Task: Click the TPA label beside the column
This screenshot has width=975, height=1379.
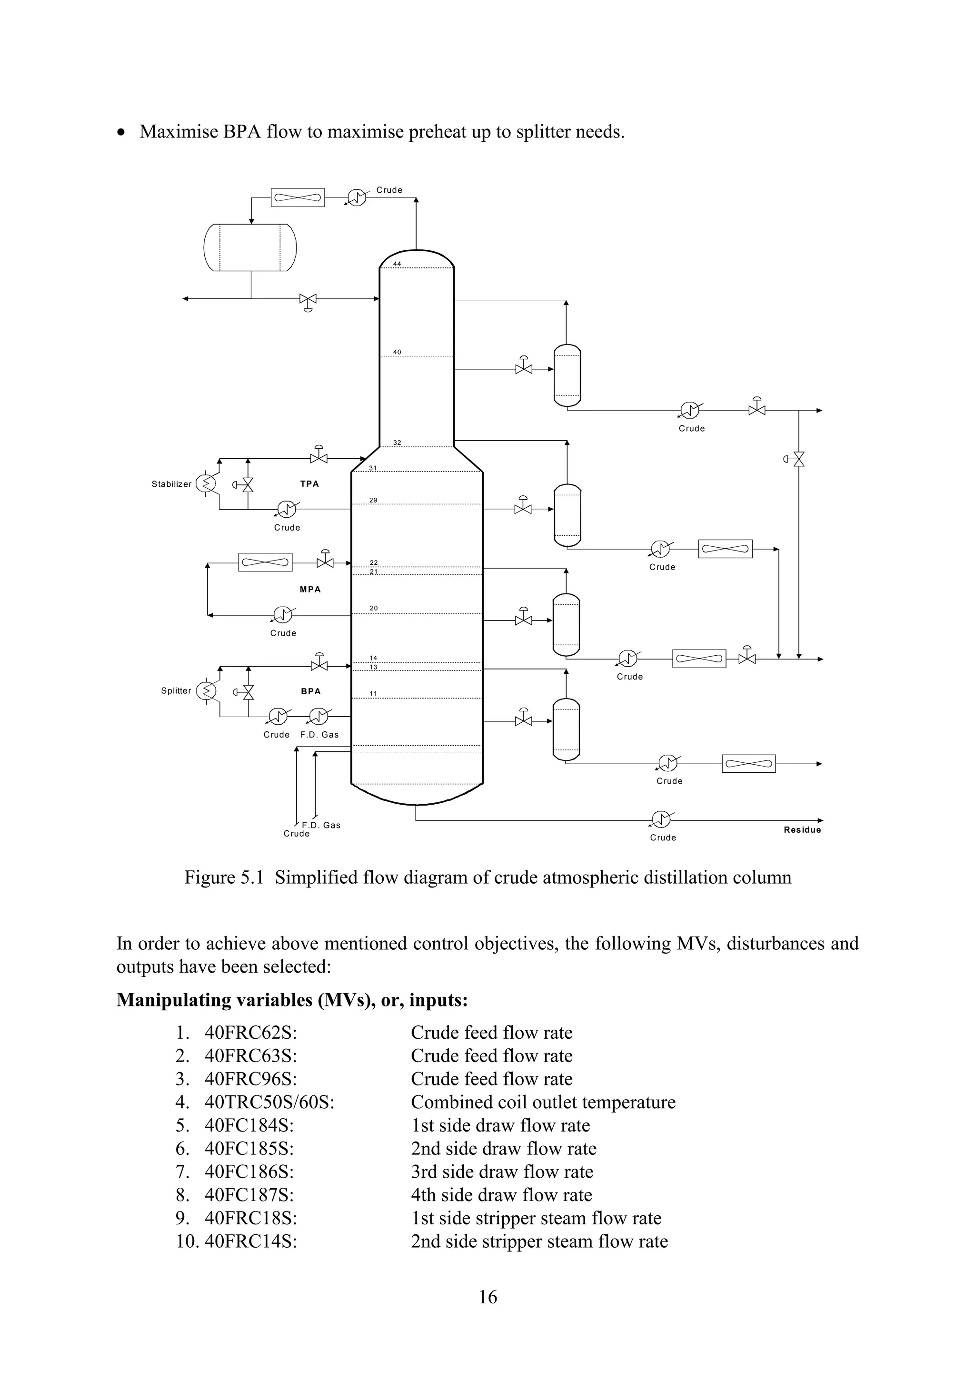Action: pos(309,483)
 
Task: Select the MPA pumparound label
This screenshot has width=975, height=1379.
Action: pos(310,589)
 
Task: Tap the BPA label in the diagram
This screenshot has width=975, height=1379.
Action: pos(310,691)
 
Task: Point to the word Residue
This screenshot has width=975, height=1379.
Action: pos(802,830)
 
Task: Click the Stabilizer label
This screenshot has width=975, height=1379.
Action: pos(171,484)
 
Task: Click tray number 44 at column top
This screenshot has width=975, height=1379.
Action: pos(397,264)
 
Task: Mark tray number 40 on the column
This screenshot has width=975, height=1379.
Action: pos(397,353)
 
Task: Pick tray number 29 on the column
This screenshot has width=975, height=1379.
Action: pos(373,500)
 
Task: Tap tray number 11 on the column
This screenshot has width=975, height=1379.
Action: pos(373,694)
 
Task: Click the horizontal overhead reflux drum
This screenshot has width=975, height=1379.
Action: pos(250,247)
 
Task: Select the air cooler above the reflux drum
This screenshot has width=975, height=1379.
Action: pos(298,197)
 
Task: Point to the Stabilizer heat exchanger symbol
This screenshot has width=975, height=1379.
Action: pos(207,483)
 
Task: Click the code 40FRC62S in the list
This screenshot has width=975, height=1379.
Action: pos(250,1033)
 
